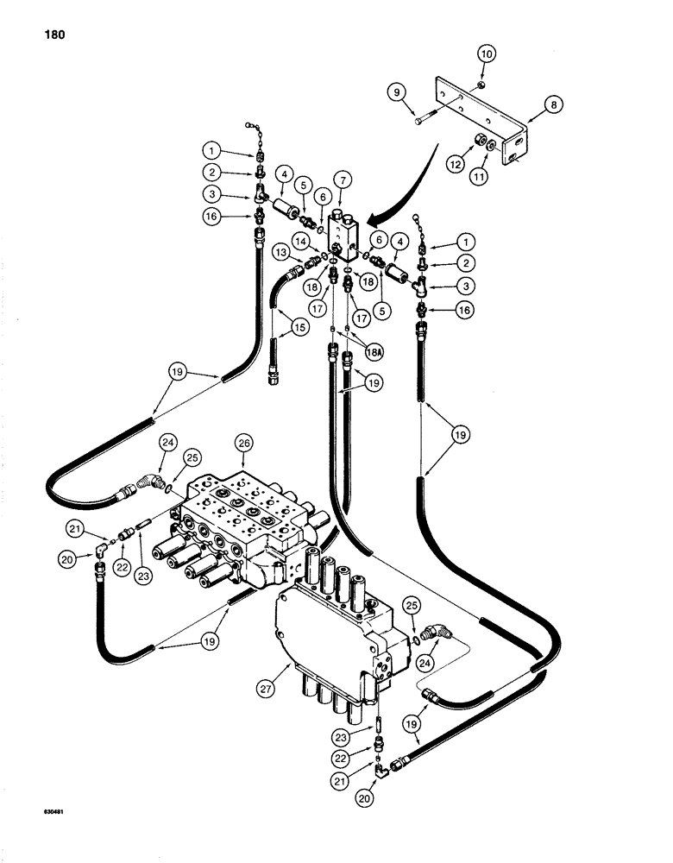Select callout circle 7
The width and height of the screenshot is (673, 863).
point(344,180)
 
